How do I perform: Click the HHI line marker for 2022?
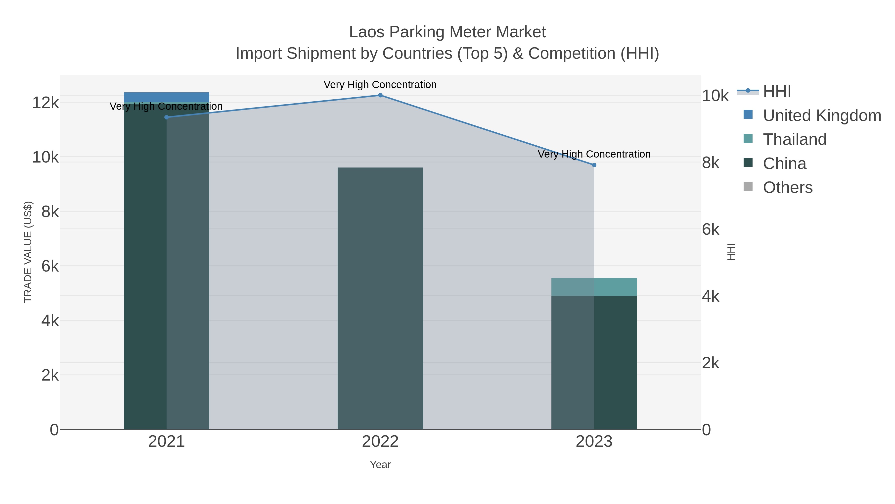point(380,95)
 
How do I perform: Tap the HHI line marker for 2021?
point(166,117)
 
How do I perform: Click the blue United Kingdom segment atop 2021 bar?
point(166,97)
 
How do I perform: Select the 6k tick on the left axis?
point(50,266)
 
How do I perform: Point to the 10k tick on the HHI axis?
point(715,96)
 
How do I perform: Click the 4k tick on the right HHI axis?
point(711,296)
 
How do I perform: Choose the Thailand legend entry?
point(795,139)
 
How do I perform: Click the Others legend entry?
point(788,187)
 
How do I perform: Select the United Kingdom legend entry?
point(822,115)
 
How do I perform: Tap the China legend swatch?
point(748,163)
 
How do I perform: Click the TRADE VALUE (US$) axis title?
point(28,252)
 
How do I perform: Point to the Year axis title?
point(380,465)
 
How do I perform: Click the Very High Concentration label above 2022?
point(380,85)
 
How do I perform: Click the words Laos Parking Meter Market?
point(447,32)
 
